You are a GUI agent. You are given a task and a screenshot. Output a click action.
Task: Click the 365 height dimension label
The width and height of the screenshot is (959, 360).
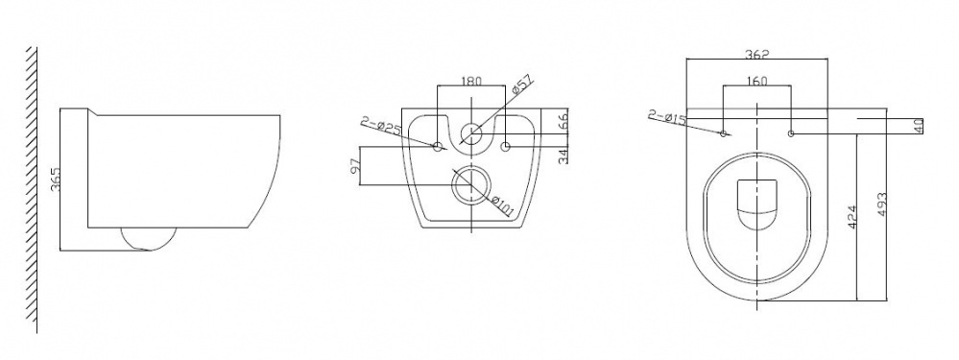[x=56, y=180]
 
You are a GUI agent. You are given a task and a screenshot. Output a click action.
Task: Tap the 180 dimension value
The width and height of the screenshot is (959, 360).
[x=471, y=81]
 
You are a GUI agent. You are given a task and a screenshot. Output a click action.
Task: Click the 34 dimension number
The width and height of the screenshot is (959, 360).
[x=563, y=156]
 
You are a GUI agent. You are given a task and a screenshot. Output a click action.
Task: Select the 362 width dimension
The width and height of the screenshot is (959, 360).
[x=757, y=54]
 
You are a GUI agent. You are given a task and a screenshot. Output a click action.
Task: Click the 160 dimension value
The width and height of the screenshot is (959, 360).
[x=757, y=82]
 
